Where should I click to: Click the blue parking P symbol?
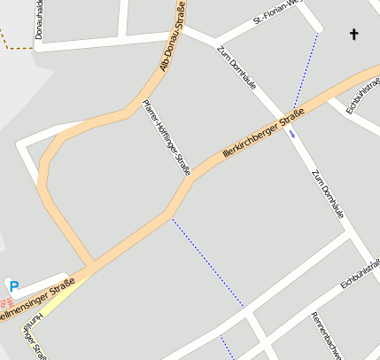tap(12, 286)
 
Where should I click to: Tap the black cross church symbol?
tap(354, 35)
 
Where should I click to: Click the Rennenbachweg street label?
tap(326, 336)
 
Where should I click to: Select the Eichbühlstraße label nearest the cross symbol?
tap(363, 95)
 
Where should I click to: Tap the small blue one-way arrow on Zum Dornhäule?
tap(292, 134)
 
